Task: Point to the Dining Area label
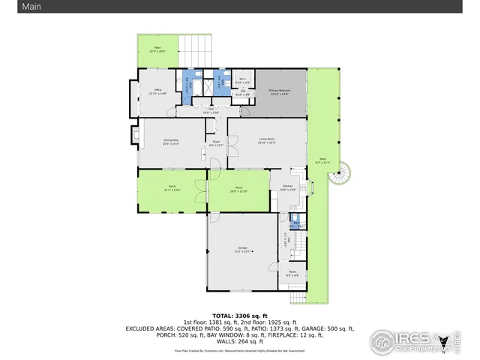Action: coord(171,141)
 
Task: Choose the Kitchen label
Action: coord(287,188)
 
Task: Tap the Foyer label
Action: coord(215,143)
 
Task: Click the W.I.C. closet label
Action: coord(243,80)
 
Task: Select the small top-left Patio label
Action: coord(157,49)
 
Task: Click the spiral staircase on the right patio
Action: coord(341,176)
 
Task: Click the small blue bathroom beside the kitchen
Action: coord(295,223)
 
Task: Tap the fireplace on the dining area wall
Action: coord(135,136)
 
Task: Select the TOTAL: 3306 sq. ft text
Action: coord(239,316)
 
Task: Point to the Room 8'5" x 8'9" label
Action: coord(292,274)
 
